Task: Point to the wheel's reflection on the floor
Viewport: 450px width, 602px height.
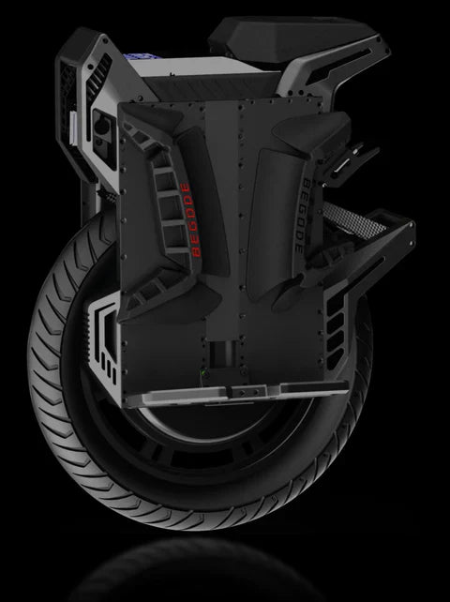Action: (x=225, y=572)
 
